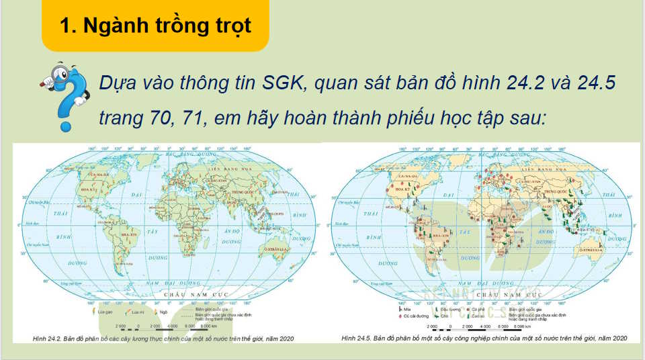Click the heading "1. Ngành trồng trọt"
(155, 26)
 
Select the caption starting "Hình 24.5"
(484, 337)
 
